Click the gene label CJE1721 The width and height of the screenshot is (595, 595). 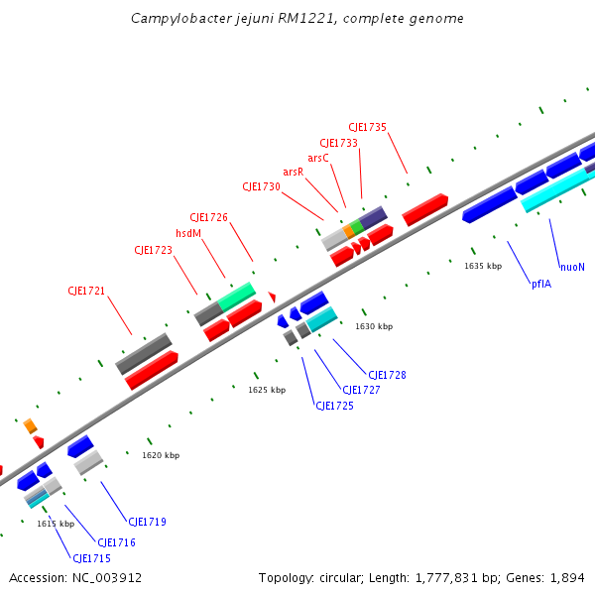coord(86,292)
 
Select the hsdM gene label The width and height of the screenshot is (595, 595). coord(188,234)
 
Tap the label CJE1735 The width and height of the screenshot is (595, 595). coord(367,127)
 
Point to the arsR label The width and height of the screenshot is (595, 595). coord(293,173)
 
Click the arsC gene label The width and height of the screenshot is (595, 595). coord(317,158)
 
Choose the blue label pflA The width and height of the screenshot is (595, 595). coord(540,284)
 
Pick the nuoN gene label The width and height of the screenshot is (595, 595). coord(572,267)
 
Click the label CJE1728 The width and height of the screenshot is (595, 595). coord(387,375)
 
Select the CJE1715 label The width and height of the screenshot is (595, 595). coord(91,559)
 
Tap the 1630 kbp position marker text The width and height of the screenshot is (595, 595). coord(374,326)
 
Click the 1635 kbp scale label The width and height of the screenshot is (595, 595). coord(483,266)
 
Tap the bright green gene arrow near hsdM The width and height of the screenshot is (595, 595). coord(237,296)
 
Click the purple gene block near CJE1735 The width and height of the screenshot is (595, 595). coord(373,216)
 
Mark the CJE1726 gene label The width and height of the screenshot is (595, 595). coord(208,217)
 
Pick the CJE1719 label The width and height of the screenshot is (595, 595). coord(147,522)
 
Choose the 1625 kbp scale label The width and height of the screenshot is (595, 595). coord(267,390)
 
